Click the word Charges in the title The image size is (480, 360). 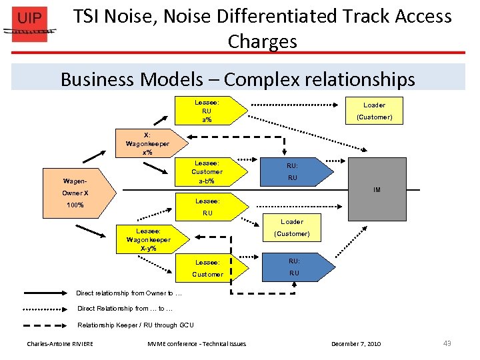262,41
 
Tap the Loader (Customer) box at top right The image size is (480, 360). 374,111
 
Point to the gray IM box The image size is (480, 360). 376,189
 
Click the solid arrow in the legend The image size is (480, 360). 47,293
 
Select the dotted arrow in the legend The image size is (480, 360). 47,309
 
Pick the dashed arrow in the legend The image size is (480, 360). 47,325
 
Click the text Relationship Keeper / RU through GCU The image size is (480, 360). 135,325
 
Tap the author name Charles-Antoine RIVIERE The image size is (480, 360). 60,344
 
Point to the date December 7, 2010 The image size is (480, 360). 356,344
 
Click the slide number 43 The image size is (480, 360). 447,343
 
